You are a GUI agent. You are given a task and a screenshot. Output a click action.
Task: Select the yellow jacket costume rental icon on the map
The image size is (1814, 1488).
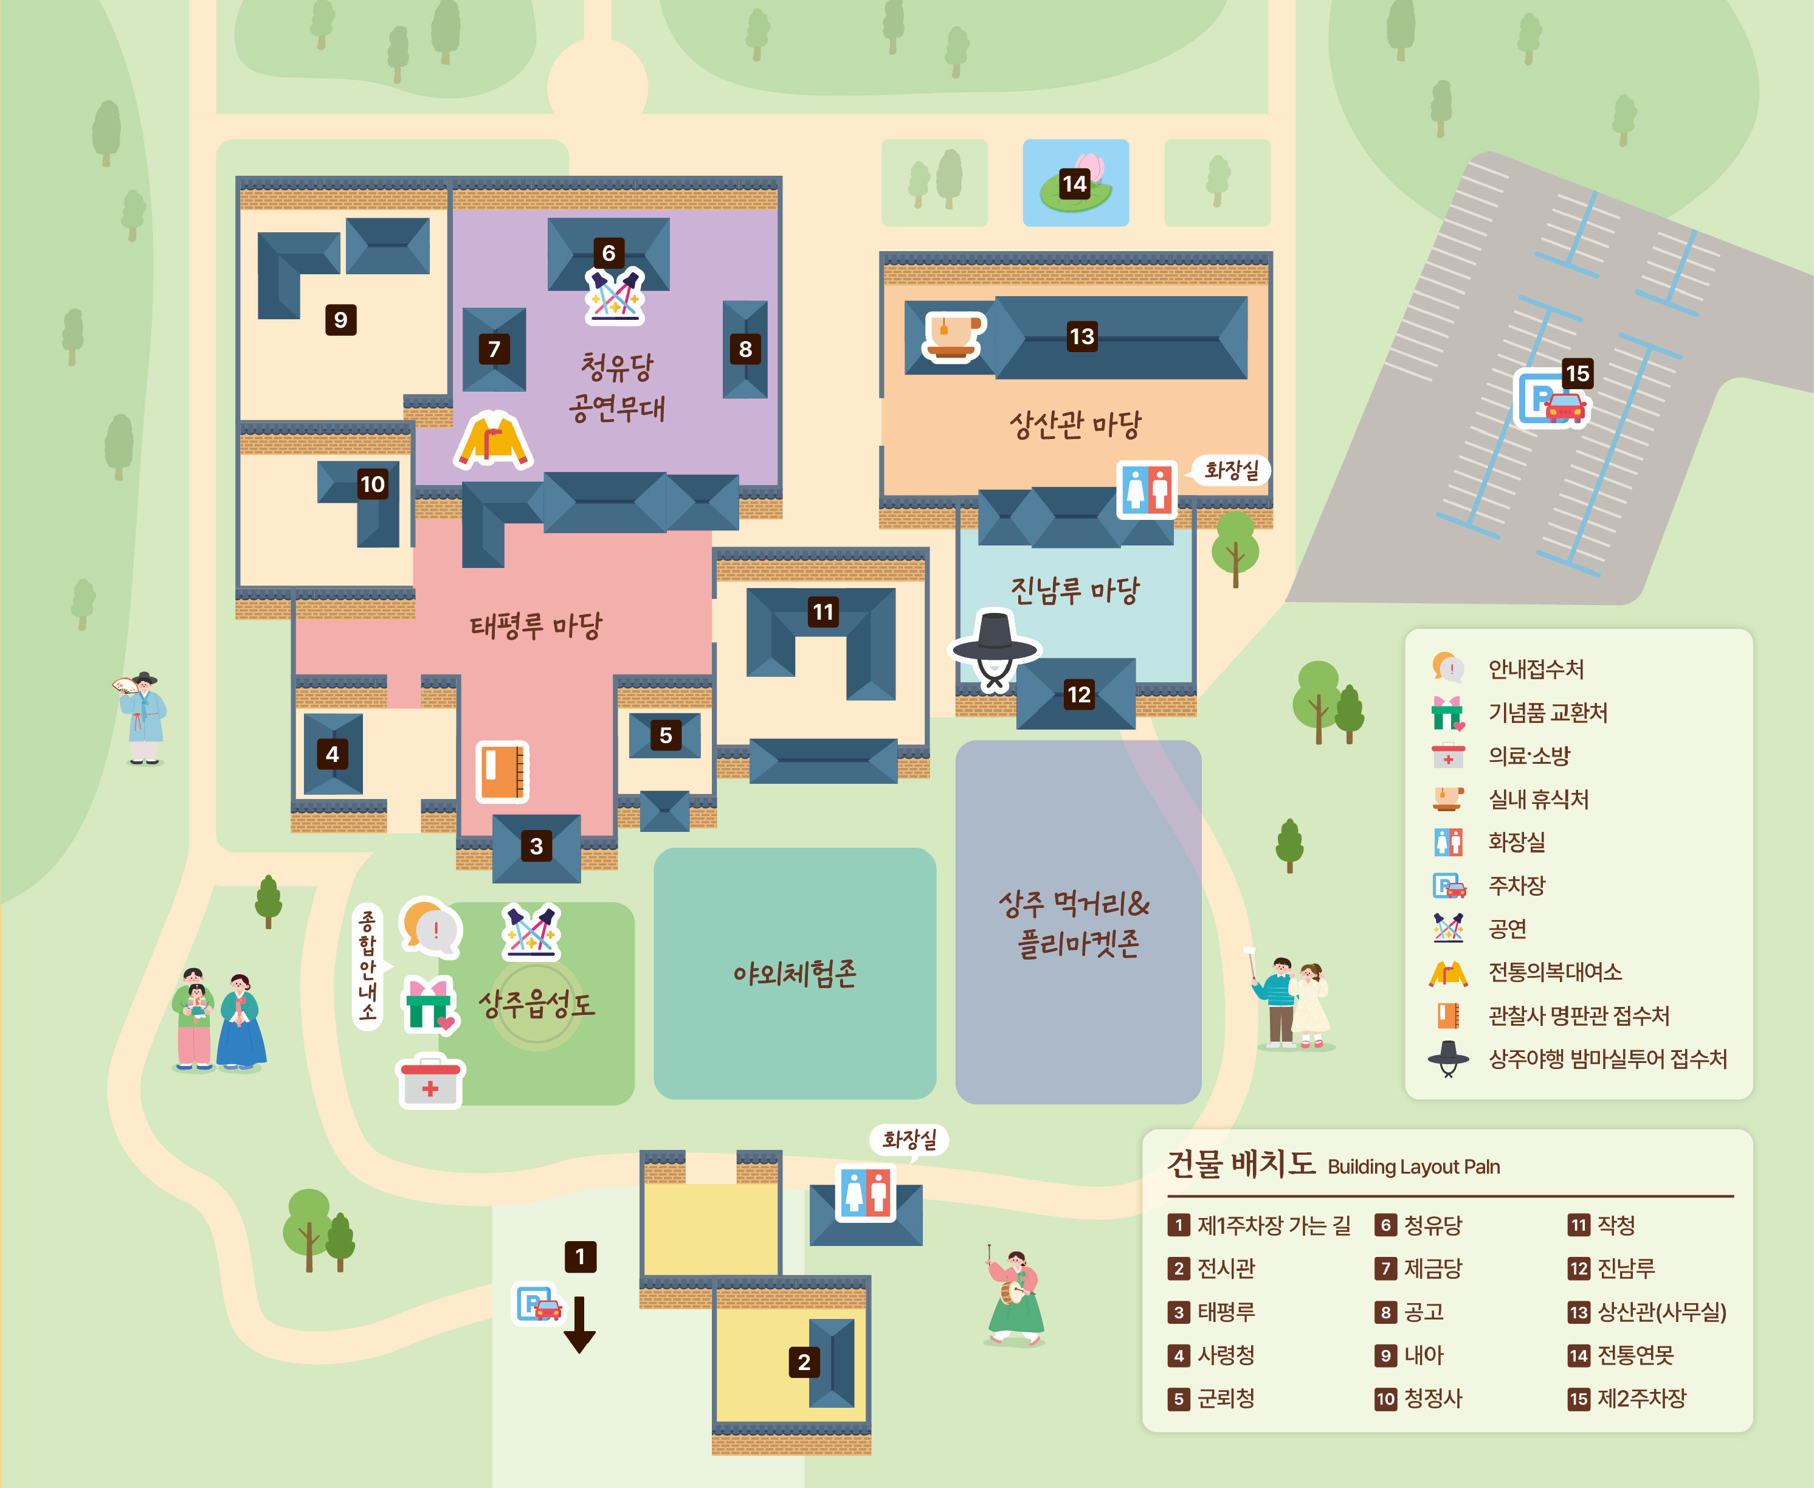[494, 439]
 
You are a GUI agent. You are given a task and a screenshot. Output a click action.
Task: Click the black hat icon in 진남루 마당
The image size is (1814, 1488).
[995, 649]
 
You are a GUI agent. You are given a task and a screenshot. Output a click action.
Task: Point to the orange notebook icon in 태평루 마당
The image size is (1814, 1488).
[502, 772]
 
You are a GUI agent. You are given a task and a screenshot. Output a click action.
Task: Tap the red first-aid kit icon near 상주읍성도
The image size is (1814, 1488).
[430, 1082]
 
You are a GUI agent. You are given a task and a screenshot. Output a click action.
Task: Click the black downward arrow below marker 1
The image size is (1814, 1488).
[579, 1324]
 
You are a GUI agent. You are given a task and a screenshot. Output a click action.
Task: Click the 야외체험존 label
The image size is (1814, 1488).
[795, 973]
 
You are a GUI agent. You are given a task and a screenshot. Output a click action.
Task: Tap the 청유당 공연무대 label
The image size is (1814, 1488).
[617, 387]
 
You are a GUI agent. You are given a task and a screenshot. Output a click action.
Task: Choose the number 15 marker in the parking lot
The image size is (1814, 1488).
[1578, 374]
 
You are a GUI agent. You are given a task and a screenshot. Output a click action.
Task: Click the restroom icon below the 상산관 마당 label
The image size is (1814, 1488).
[1147, 490]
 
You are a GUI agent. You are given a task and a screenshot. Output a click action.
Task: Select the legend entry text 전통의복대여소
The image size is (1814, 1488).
[1554, 972]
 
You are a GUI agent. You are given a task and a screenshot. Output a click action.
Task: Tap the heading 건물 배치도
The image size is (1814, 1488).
[1241, 1164]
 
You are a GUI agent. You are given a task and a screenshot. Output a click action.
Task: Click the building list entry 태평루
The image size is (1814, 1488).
[1226, 1312]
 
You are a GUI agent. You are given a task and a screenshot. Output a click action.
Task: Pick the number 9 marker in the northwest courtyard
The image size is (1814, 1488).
[341, 320]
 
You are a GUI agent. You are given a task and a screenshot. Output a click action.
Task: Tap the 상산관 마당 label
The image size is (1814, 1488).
[1075, 424]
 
